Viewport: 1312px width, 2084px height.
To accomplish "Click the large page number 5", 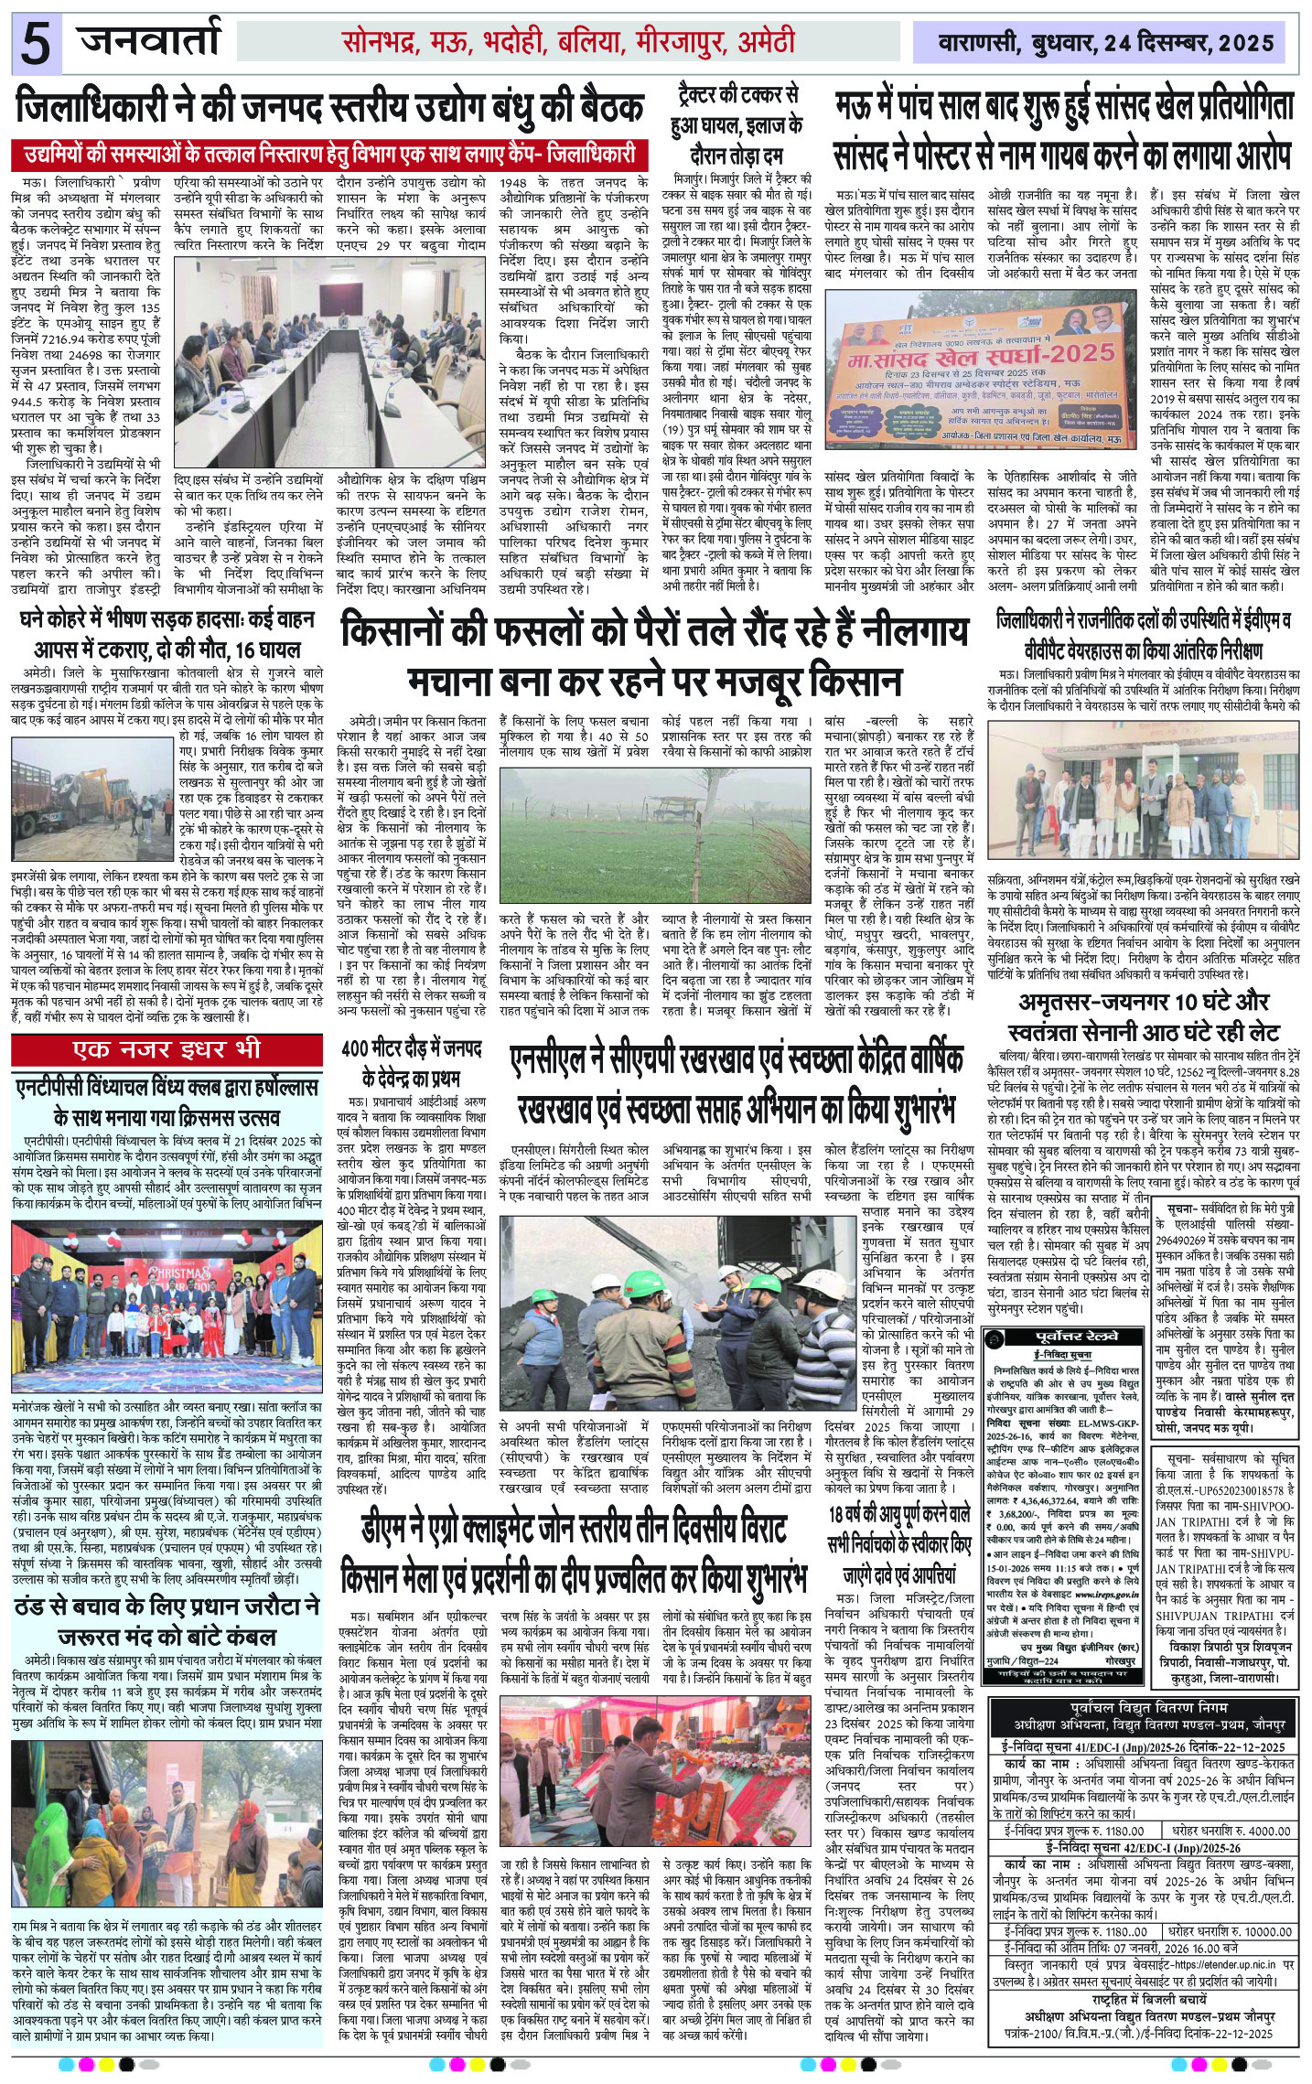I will pyautogui.click(x=37, y=45).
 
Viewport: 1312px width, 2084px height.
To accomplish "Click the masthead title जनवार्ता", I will pyautogui.click(x=151, y=40).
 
